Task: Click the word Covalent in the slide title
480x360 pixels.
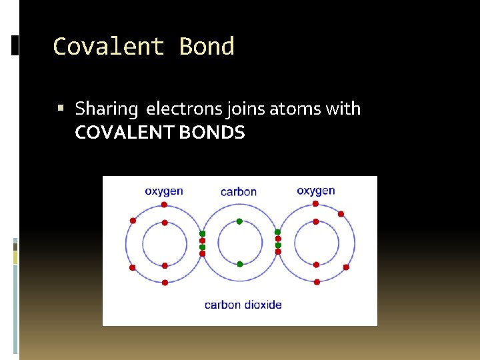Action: (108, 47)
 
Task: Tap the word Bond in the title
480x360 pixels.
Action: (207, 47)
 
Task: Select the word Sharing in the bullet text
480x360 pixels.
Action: (106, 109)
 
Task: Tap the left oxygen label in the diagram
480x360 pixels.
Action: (164, 191)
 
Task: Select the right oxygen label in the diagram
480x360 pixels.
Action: (316, 191)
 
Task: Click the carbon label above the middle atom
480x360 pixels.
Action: (239, 192)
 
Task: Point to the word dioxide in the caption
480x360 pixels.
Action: (262, 305)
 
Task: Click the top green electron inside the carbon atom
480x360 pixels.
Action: (240, 221)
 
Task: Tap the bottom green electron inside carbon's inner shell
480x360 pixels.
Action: (240, 264)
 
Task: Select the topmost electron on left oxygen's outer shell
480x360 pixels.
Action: (165, 205)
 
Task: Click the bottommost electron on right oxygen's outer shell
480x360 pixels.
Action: (317, 282)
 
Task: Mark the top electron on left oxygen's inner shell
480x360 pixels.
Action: (165, 223)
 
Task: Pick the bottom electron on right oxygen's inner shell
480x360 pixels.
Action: (317, 265)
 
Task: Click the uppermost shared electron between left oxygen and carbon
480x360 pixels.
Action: (203, 233)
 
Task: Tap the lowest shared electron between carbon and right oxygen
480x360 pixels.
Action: (279, 252)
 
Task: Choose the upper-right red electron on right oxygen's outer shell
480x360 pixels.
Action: (341, 214)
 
